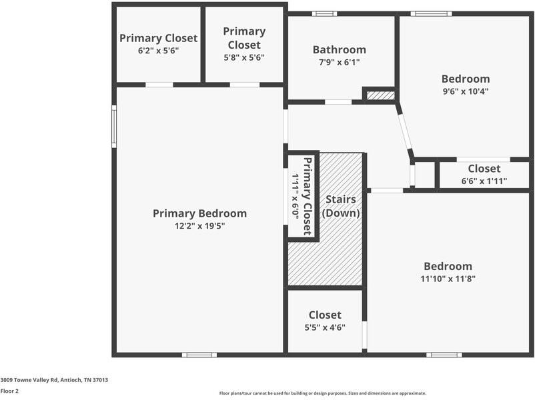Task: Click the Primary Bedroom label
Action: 199,213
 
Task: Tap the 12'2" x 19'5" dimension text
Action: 199,227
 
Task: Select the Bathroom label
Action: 339,49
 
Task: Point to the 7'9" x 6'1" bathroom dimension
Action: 339,62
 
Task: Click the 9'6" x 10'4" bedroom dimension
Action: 465,91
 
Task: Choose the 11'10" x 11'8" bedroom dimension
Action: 448,279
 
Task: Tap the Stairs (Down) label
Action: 341,207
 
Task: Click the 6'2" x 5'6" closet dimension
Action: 158,51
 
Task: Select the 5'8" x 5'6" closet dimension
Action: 244,57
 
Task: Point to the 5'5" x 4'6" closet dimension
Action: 325,327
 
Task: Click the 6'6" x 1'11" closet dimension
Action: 484,181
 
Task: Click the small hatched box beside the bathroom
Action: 380,95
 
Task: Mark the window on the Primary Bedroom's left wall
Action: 114,127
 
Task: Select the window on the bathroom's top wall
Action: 324,13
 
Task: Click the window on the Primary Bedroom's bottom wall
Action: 199,355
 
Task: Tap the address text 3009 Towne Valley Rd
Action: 54,380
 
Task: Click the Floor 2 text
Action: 9,391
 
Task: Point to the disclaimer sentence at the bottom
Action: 322,393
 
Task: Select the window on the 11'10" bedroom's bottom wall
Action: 444,355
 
